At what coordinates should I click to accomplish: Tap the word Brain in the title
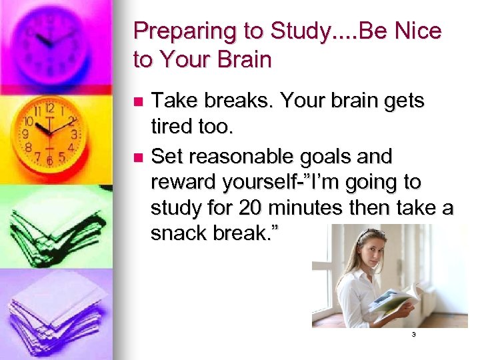pyautogui.click(x=241, y=60)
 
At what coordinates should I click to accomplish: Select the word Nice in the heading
pyautogui.click(x=415, y=32)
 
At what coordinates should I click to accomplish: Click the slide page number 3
pyautogui.click(x=413, y=335)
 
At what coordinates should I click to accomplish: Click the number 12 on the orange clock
pyautogui.click(x=49, y=107)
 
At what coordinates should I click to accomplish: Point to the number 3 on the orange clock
pyautogui.click(x=75, y=134)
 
